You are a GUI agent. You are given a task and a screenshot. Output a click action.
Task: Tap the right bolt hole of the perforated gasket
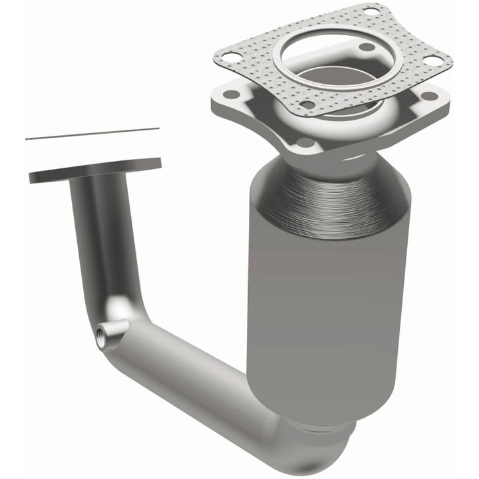(432, 61)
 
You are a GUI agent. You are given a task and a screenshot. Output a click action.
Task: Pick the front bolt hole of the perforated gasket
(307, 104)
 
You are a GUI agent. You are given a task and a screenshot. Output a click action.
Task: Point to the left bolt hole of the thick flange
(230, 94)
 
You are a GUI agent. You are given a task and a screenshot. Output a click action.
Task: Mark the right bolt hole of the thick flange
(430, 96)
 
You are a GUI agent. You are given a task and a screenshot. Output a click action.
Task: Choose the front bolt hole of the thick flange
(305, 142)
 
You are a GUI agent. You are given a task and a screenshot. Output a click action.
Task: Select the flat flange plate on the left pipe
(95, 170)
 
